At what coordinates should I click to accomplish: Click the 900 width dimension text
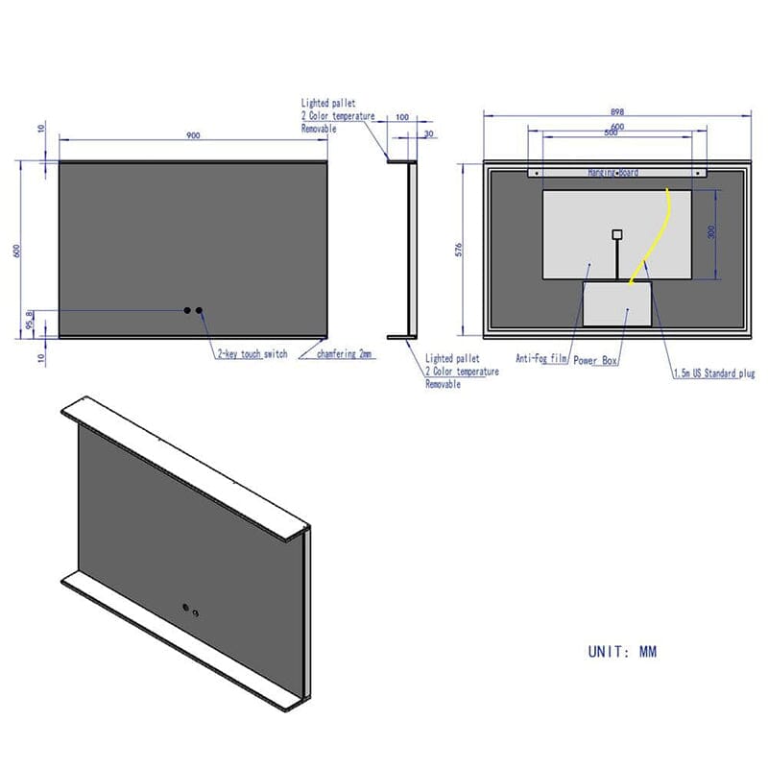coord(193,135)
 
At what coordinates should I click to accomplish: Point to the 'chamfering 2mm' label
coord(346,354)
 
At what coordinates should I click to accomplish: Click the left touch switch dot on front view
coord(188,310)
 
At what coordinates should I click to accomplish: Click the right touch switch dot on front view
coord(201,310)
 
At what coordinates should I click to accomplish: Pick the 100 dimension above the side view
coord(401,117)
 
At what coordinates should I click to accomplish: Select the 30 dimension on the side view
coord(428,133)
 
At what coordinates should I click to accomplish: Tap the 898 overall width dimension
coord(616,109)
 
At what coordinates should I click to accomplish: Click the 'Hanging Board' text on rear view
coord(613,172)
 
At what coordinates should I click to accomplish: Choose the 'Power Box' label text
coord(596,361)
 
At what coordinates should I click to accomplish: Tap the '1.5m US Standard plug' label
coord(712,373)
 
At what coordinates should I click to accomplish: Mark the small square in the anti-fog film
coord(616,233)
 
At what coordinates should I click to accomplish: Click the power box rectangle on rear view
coord(617,302)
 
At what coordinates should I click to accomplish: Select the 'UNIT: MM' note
coord(622,652)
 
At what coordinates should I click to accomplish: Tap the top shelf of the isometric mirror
coord(182,466)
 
